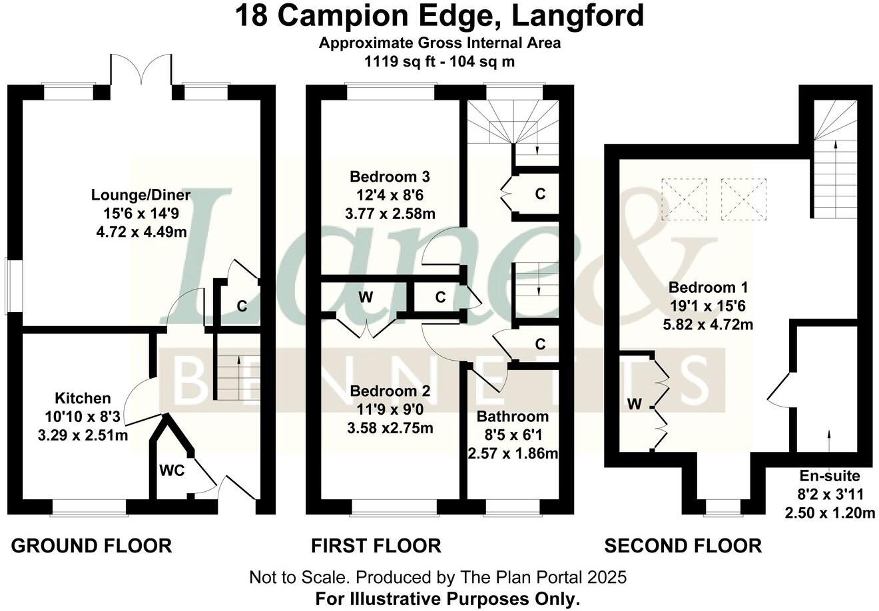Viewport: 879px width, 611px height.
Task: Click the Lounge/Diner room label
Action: click(x=141, y=195)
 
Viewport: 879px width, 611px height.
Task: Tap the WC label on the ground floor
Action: click(x=170, y=469)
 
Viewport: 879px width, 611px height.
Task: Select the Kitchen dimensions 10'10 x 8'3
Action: click(x=83, y=417)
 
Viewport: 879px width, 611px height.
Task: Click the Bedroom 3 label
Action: click(x=390, y=177)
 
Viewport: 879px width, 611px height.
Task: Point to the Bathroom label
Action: click(x=512, y=417)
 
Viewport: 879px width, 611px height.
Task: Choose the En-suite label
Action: click(x=829, y=476)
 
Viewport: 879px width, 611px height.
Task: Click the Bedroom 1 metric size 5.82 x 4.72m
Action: click(x=708, y=325)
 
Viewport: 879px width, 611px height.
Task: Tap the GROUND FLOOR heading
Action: click(x=92, y=546)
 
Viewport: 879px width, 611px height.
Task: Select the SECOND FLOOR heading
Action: click(x=683, y=546)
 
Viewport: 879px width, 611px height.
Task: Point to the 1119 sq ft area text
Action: click(x=401, y=62)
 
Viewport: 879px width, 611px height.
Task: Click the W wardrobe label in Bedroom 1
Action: click(x=635, y=404)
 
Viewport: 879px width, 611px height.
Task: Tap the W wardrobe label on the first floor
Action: click(x=365, y=298)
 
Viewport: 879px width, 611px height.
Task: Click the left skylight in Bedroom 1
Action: click(x=683, y=198)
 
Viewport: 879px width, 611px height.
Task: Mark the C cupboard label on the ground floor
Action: click(x=242, y=307)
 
